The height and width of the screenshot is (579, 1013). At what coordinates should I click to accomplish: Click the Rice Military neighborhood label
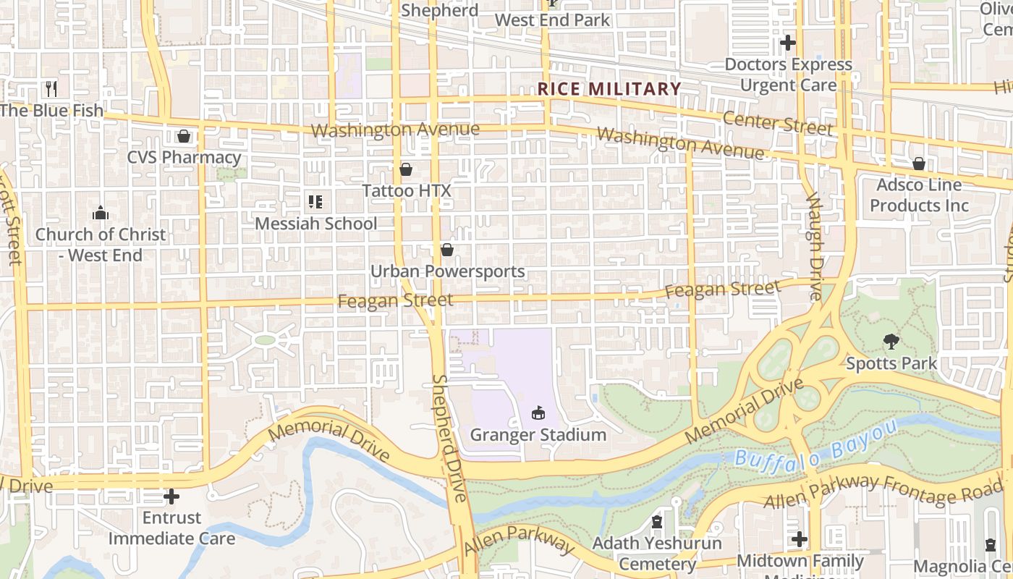click(609, 89)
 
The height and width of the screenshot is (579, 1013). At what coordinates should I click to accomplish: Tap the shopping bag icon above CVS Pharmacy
click(184, 136)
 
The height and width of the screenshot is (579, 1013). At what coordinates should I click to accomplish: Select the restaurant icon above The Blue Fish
click(51, 89)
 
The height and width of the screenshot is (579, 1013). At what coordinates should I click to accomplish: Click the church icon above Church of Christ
click(101, 213)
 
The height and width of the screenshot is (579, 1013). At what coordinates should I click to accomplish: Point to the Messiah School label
click(315, 224)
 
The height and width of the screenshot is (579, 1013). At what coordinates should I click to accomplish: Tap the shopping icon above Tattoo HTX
click(406, 169)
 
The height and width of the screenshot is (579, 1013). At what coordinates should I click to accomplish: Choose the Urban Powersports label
click(447, 271)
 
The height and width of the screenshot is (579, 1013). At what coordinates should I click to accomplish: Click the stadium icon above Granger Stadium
click(538, 413)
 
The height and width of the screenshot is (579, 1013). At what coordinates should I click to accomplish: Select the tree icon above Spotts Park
click(891, 341)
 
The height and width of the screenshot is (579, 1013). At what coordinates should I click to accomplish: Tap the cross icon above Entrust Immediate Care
click(171, 496)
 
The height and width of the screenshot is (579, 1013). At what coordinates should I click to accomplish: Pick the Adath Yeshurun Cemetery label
click(657, 553)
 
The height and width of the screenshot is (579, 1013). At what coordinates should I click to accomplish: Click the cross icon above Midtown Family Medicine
click(800, 539)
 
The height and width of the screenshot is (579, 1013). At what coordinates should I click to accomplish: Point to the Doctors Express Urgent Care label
click(788, 75)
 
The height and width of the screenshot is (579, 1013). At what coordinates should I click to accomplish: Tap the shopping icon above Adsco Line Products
click(918, 164)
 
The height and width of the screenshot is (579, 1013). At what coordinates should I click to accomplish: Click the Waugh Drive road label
click(815, 246)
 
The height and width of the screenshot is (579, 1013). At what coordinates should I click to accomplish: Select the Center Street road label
click(778, 123)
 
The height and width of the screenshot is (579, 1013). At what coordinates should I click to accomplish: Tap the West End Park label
click(553, 20)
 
